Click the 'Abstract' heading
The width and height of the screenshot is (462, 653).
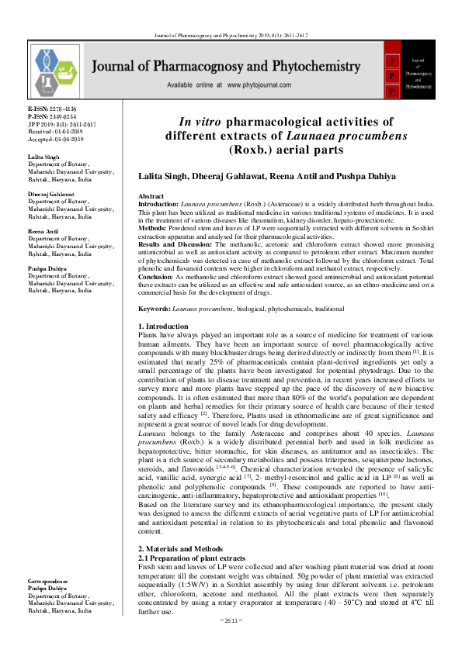[x=151, y=197]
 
